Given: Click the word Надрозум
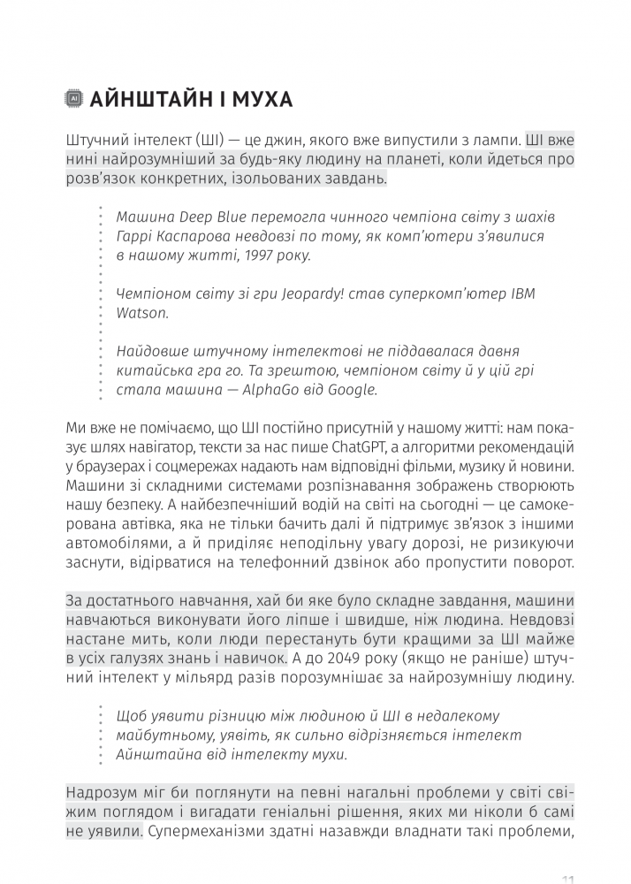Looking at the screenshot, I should pyautogui.click(x=104, y=792).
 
